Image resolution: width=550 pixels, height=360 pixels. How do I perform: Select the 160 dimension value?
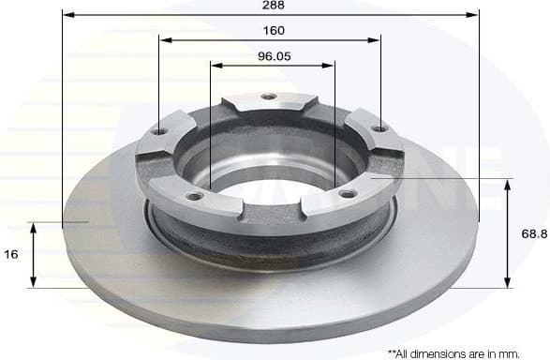tap(271, 30)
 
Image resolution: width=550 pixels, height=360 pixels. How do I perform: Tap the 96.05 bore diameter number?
tap(274, 55)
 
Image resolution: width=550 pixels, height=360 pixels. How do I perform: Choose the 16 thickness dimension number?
tap(11, 254)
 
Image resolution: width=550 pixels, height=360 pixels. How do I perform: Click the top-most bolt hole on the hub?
tap(269, 97)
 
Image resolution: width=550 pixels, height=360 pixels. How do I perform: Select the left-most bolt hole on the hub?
tap(160, 132)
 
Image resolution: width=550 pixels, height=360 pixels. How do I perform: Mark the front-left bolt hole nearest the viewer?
tap(195, 196)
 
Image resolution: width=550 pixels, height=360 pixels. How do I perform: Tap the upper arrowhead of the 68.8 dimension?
tap(508, 182)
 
